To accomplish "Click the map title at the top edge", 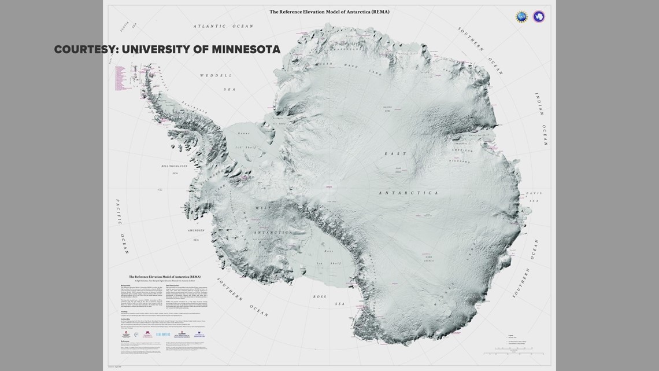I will (329, 12).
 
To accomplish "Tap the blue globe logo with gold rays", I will (521, 17).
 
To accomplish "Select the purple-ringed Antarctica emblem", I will (539, 17).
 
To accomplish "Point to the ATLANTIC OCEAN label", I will (223, 27).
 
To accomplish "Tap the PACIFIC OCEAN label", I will (121, 226).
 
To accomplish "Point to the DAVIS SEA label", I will (532, 197).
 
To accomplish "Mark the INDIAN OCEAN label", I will (542, 118).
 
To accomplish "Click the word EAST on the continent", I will (395, 154).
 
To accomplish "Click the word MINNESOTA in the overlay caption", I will (246, 50).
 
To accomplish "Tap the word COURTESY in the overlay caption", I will (85, 50).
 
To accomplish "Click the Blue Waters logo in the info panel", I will (162, 334).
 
